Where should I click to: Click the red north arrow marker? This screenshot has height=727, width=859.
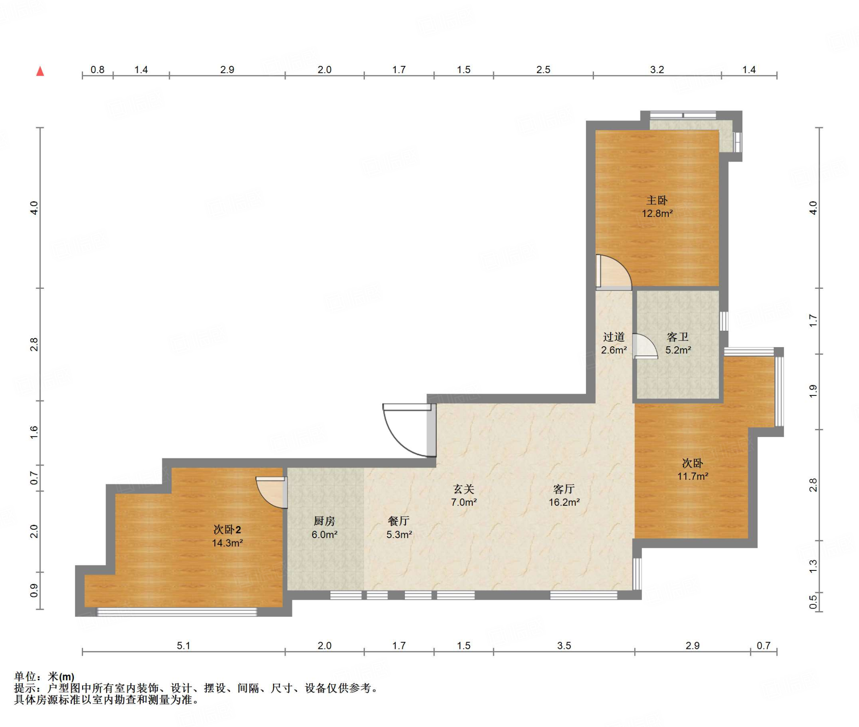[x=40, y=71]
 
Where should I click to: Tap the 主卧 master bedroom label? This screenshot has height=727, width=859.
[x=657, y=201]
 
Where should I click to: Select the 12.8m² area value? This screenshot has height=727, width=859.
[x=657, y=214]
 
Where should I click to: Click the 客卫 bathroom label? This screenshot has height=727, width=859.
[x=678, y=337]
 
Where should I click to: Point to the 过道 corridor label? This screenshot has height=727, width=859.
[x=614, y=337]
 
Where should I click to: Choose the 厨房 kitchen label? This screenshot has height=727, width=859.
[x=324, y=521]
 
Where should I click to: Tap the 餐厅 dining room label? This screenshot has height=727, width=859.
[x=399, y=521]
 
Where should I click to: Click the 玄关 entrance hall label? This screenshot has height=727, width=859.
[x=464, y=489]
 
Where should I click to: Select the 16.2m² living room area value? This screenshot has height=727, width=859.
[x=564, y=502]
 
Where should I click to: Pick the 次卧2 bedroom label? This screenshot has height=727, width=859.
[x=227, y=530]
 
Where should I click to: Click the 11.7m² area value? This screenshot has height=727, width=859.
[x=693, y=476]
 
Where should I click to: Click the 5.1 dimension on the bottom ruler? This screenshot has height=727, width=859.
[x=183, y=646]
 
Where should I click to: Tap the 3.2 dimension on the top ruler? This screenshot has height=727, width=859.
[x=657, y=70]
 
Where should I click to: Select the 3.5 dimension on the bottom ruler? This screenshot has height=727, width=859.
[x=564, y=646]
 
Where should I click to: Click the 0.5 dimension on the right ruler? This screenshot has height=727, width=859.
[x=813, y=602]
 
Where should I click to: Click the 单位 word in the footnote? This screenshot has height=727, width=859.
[x=25, y=677]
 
